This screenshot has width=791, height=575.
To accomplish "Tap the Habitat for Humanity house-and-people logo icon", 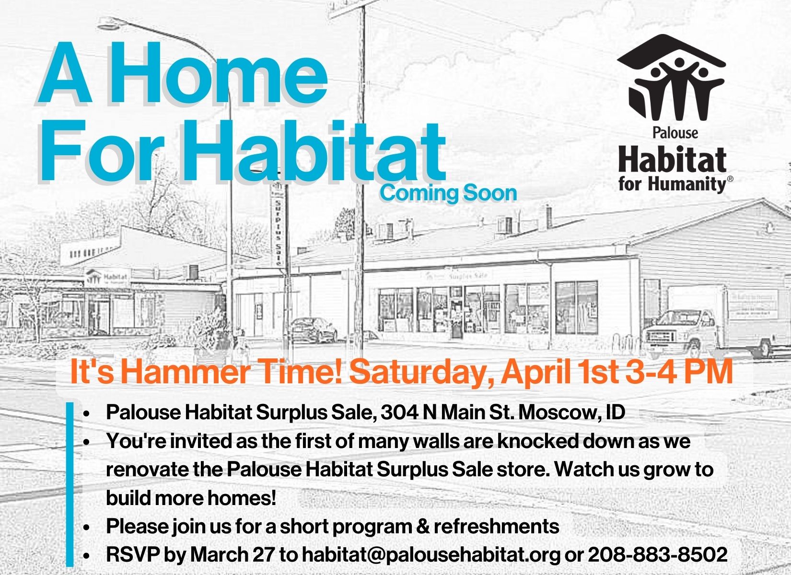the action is tap(671, 78).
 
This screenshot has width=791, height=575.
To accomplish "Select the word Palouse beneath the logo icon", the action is tap(675, 133).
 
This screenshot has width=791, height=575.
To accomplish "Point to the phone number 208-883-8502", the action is tap(658, 554).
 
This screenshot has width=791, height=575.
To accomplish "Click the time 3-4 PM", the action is tap(679, 372).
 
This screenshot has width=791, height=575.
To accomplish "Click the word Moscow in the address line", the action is tap(553, 412).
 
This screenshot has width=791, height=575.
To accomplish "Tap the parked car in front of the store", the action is tap(313, 330).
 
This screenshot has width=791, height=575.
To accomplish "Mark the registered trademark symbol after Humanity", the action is tap(730, 179).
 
